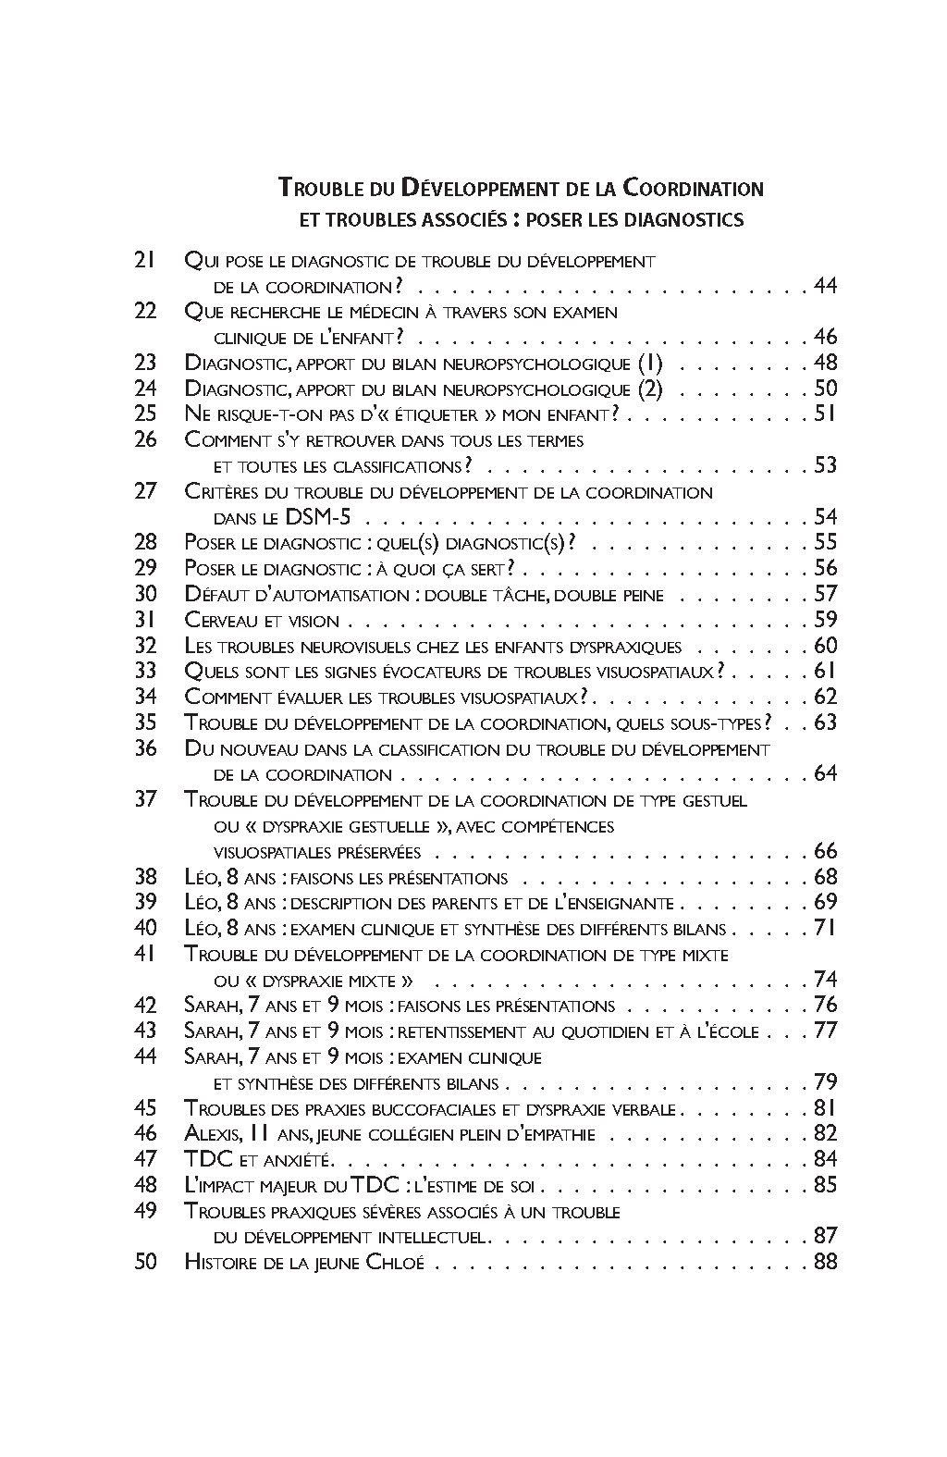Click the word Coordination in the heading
[693, 189]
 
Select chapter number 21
[145, 261]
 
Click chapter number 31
[145, 620]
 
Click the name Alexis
[215, 1134]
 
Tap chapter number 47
[145, 1159]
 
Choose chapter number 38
[145, 877]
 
